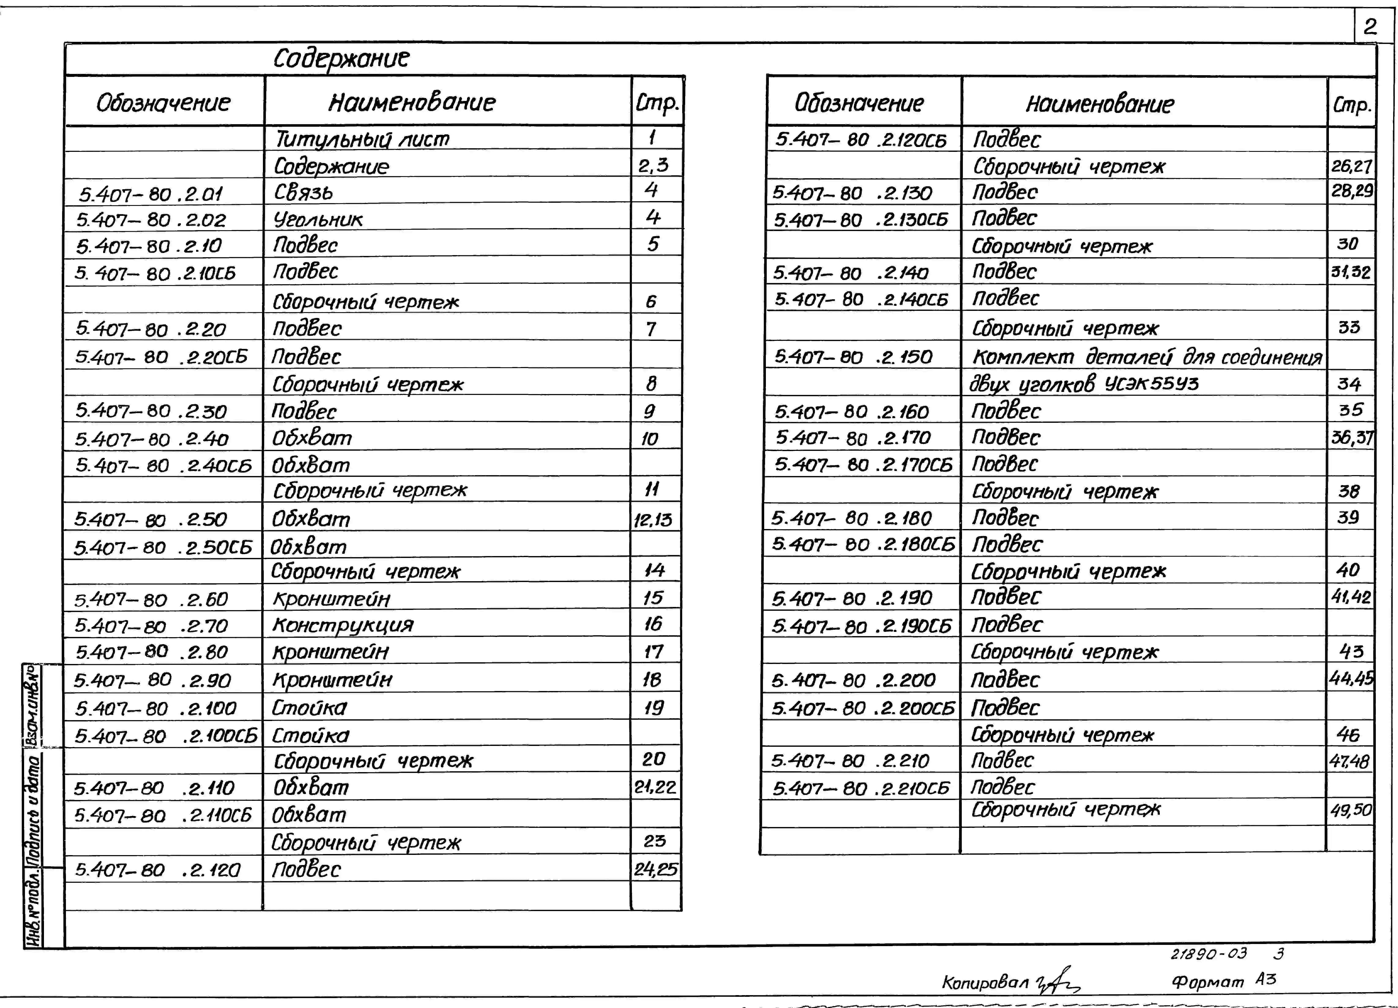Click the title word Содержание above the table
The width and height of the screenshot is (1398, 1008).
coord(341,58)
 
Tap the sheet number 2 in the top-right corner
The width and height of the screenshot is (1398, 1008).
coord(1370,26)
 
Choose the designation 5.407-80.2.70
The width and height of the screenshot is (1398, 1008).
coord(151,626)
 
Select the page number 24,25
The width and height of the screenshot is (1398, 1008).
coord(655,869)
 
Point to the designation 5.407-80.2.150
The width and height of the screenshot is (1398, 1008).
coord(853,357)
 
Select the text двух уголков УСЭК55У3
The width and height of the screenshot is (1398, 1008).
coord(1084,384)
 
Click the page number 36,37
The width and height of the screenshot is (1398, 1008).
coord(1351,437)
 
